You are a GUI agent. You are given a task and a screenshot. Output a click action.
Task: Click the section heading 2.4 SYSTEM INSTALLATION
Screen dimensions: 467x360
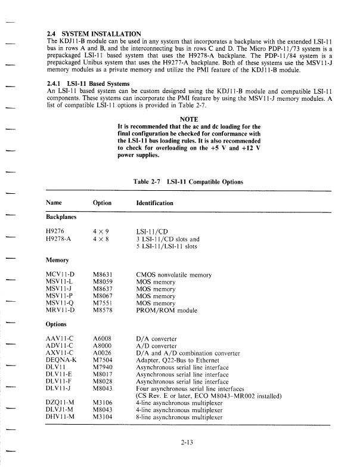click(x=94, y=32)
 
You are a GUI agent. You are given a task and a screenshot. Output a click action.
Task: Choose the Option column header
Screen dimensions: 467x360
click(x=103, y=203)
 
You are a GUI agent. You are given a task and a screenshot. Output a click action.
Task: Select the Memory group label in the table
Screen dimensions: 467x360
click(x=58, y=259)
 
